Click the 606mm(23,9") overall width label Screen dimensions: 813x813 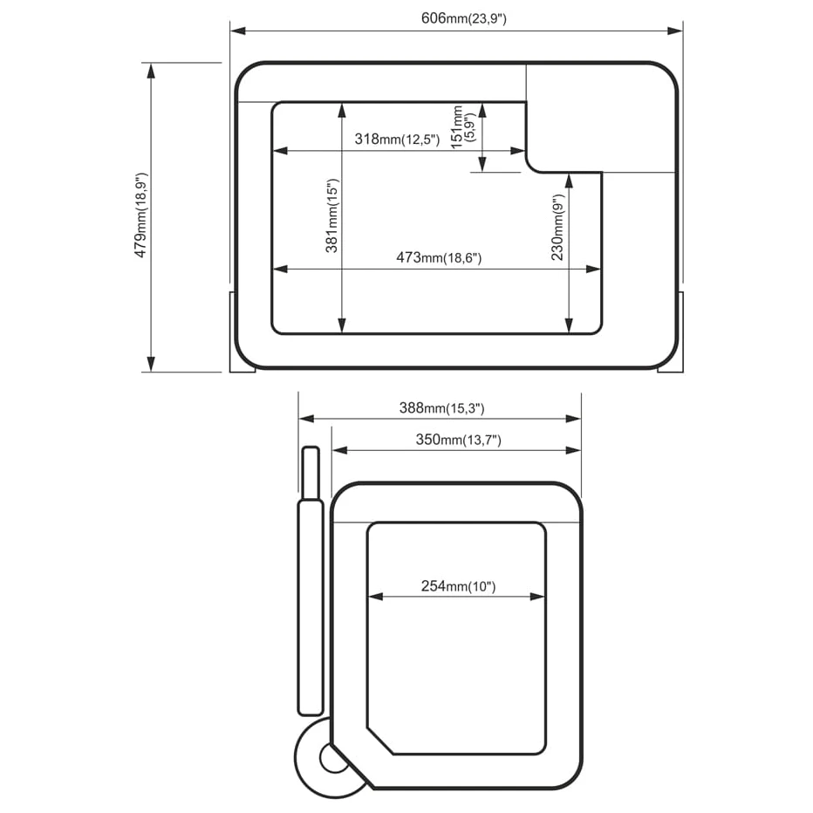pos(463,18)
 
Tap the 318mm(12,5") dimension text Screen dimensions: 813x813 pos(397,139)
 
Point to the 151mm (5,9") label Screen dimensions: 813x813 pos(463,127)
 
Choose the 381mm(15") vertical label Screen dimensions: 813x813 pos(331,215)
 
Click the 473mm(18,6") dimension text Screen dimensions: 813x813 pos(439,257)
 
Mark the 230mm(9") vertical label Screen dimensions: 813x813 pos(557,228)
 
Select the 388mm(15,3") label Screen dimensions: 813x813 pos(441,408)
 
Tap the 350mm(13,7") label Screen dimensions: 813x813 pos(458,440)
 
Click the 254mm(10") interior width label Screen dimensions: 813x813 pos(458,586)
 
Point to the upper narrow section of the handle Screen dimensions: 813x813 pos(311,473)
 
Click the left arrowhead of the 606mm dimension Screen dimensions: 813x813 pos(238,31)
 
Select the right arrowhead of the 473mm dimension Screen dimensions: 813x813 pos(593,269)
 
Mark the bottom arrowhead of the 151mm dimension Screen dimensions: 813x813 pos(482,164)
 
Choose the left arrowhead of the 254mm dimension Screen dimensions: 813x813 pos(375,597)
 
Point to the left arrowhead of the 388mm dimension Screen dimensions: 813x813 pos(307,419)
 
